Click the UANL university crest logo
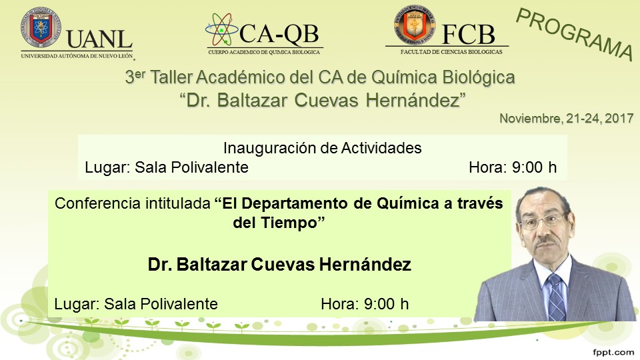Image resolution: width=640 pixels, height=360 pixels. tap(41, 28)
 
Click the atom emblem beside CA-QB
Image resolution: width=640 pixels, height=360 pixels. tap(221, 30)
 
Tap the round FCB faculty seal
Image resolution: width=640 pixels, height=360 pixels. tap(414, 25)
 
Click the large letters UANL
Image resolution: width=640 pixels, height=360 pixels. tap(99, 39)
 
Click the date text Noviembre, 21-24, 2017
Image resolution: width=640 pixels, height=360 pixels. tap(566, 119)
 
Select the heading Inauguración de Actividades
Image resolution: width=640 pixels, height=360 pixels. tap(322, 148)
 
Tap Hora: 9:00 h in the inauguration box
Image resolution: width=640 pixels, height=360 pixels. tap(513, 167)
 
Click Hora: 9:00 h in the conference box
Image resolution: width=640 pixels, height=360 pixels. tap(365, 304)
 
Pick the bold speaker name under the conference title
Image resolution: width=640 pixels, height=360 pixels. tap(279, 265)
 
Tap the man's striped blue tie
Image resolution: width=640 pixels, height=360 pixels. tap(556, 297)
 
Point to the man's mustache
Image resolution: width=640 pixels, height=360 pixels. tap(547, 241)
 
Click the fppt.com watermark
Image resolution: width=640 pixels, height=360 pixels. tap(613, 352)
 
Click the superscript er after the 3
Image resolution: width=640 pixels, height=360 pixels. tap(140, 73)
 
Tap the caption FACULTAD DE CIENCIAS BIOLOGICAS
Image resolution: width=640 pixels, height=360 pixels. tap(451, 52)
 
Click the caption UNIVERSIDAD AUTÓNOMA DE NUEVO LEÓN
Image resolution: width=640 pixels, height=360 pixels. tap(77, 55)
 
